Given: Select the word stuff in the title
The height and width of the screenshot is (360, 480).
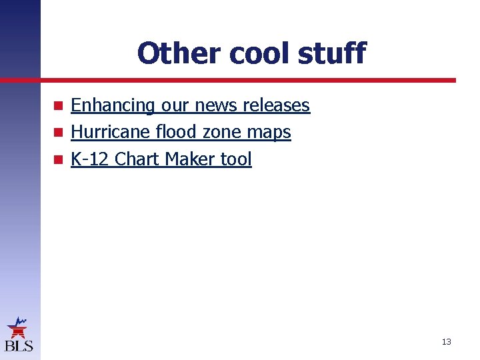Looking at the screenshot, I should pos(333,53).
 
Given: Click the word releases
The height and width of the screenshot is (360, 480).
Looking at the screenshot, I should pos(277,105).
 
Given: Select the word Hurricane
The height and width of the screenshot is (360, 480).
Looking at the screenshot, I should pos(110,132).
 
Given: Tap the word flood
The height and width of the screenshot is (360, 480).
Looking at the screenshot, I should pos(176,132).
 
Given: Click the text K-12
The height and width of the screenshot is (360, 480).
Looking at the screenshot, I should pos(90,159).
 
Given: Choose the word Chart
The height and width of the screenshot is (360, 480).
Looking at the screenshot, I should pos(137,159).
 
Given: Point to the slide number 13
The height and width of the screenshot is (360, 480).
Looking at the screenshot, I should pos(446,342).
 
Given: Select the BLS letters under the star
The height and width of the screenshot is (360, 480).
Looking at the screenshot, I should pos(18,345).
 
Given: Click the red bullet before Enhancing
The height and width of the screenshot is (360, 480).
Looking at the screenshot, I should pos(59,105).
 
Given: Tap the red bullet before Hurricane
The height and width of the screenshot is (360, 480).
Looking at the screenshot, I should pos(59,132).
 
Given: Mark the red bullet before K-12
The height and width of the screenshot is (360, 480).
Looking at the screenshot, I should pos(59,159).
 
